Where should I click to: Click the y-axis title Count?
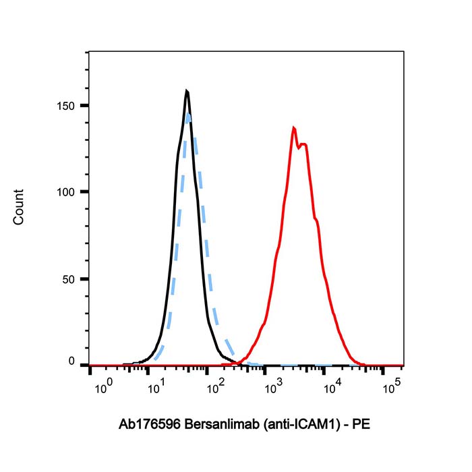coord(18,206)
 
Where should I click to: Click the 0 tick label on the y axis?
coord(75,362)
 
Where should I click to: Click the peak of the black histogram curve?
coord(187,92)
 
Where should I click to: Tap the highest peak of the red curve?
coord(294,127)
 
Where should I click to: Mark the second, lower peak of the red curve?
coord(305,144)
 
